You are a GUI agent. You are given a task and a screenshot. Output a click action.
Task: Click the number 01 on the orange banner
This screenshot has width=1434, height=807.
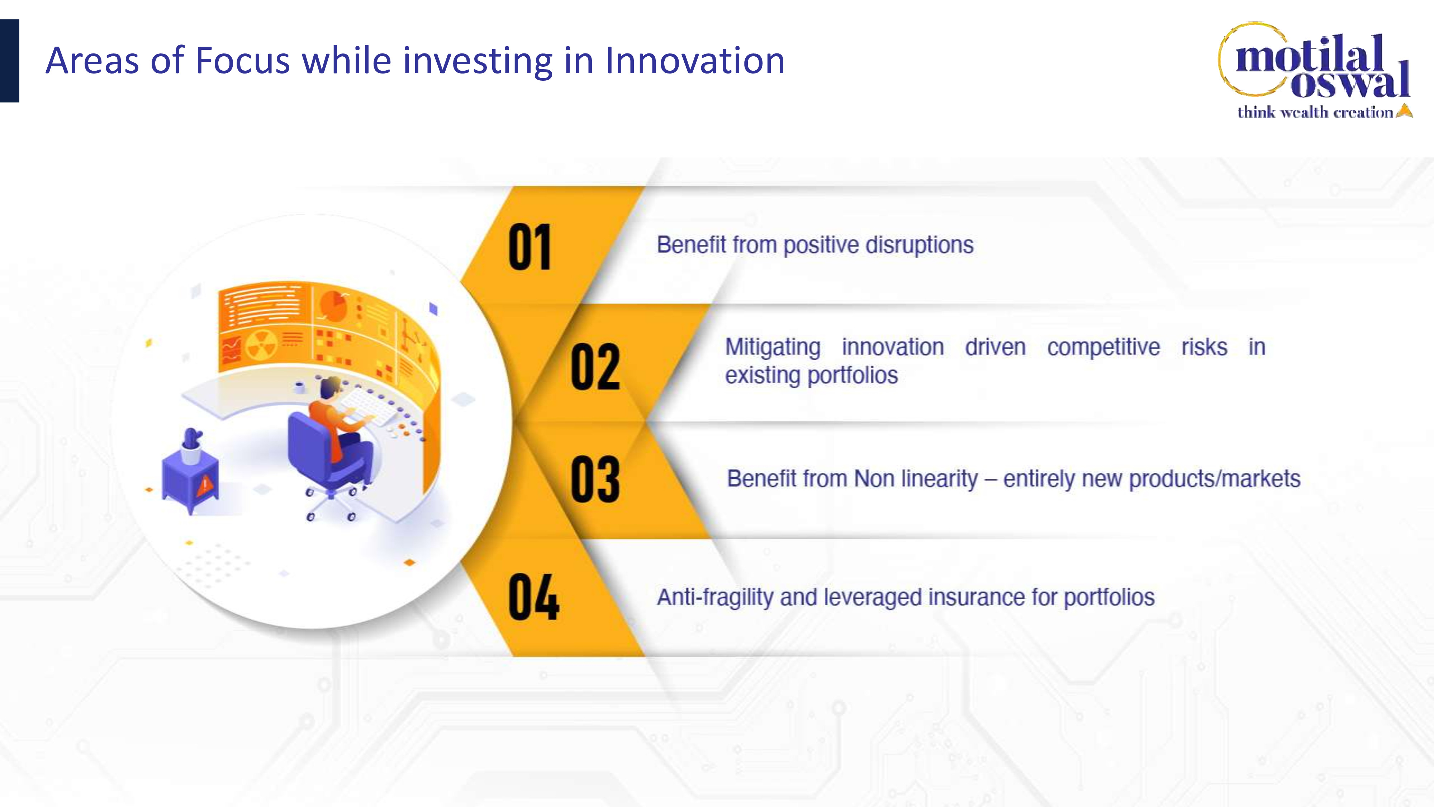click(x=530, y=247)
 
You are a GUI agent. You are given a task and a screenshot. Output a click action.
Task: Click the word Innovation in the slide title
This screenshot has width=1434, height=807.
click(x=695, y=60)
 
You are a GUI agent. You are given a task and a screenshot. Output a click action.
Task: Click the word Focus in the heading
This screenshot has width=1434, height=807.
click(x=243, y=60)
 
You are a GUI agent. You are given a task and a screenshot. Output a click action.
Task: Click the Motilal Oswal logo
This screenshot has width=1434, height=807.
click(x=1314, y=70)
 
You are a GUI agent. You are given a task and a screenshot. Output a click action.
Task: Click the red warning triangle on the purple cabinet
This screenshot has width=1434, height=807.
click(x=204, y=485)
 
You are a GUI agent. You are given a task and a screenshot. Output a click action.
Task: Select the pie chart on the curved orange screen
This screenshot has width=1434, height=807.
click(x=333, y=306)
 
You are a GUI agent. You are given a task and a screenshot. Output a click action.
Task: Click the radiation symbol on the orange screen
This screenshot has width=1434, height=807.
click(x=261, y=345)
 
